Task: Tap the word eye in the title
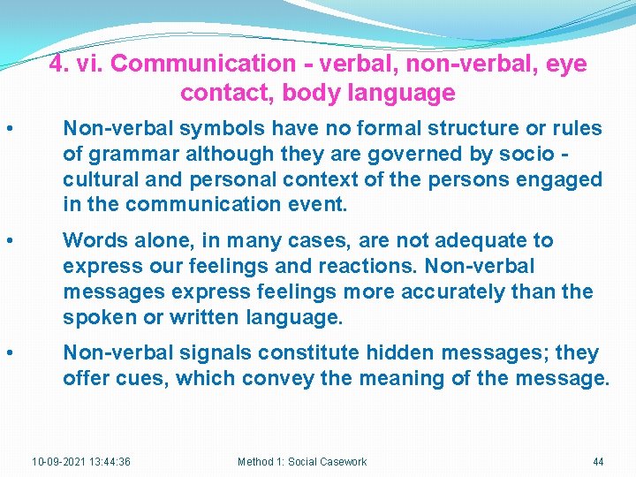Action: coord(566,64)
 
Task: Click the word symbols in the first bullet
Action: coord(222,128)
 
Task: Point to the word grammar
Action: coord(132,154)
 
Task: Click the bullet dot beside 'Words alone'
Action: coord(8,241)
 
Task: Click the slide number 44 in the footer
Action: coord(598,461)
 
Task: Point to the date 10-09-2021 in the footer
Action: coord(59,461)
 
